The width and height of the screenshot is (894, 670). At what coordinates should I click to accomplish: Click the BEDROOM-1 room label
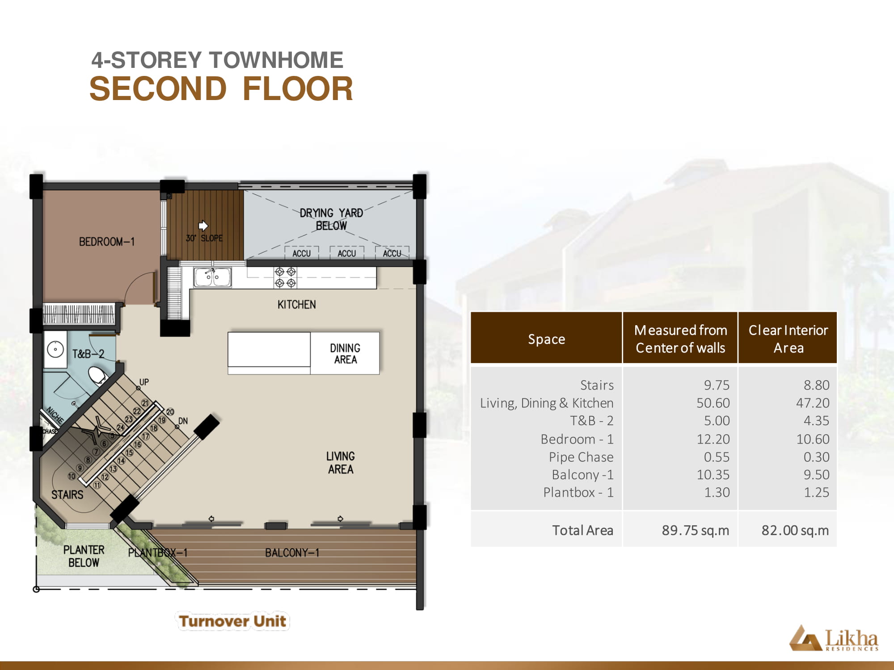pyautogui.click(x=107, y=242)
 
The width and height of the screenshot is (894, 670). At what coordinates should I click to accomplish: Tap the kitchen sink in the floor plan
pyautogui.click(x=212, y=277)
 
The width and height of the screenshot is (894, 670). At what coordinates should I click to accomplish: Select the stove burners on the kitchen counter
pyautogui.click(x=285, y=277)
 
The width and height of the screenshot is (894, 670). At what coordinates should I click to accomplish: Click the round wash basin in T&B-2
pyautogui.click(x=55, y=349)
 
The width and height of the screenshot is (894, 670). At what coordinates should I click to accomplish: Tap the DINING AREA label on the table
pyautogui.click(x=345, y=354)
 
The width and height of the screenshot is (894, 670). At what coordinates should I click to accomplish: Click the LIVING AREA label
pyautogui.click(x=341, y=463)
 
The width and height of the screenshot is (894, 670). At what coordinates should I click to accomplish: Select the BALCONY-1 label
pyautogui.click(x=292, y=553)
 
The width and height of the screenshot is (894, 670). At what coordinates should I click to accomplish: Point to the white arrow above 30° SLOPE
pyautogui.click(x=203, y=225)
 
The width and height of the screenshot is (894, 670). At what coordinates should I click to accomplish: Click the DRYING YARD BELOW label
pyautogui.click(x=331, y=219)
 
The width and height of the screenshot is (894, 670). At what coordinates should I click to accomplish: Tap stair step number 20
pyautogui.click(x=170, y=412)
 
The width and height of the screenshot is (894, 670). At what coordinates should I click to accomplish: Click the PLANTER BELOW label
pyautogui.click(x=84, y=556)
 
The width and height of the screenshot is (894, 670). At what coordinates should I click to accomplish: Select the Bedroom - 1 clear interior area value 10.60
pyautogui.click(x=813, y=439)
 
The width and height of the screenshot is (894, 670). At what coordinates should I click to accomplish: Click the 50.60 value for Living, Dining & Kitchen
pyautogui.click(x=713, y=403)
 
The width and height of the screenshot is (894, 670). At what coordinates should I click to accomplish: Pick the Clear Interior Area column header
pyautogui.click(x=788, y=339)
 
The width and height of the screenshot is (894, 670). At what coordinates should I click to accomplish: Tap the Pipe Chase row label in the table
pyautogui.click(x=581, y=457)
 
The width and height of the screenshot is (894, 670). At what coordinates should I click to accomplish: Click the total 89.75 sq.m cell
pyautogui.click(x=696, y=530)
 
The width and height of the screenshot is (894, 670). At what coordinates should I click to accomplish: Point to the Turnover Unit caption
pyautogui.click(x=232, y=621)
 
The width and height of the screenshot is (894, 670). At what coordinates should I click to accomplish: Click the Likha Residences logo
pyautogui.click(x=834, y=638)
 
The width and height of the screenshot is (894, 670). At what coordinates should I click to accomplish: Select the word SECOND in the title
pyautogui.click(x=158, y=88)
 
